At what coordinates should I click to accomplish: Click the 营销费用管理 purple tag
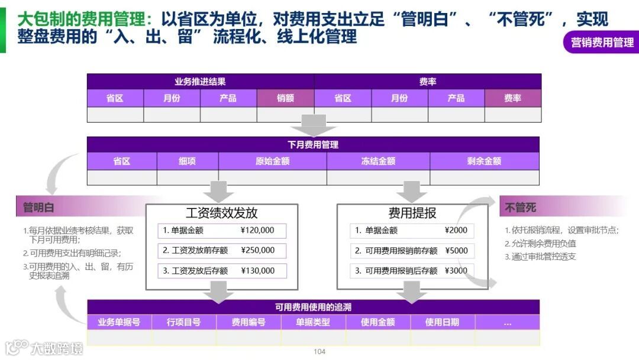(x=602, y=42)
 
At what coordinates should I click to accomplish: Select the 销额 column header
(x=285, y=98)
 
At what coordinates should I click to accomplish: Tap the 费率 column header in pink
(x=512, y=98)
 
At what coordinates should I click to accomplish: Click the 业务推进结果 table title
(x=200, y=82)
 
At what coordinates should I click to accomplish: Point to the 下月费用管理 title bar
(x=313, y=144)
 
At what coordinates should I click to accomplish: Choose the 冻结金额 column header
(x=378, y=161)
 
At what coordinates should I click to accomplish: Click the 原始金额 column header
(x=272, y=161)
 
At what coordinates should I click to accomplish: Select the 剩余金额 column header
(x=484, y=161)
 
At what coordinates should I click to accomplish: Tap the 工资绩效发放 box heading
(x=221, y=213)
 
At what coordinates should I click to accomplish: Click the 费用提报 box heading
(x=412, y=213)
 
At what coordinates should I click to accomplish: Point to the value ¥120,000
(x=257, y=230)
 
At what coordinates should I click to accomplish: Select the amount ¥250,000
(x=257, y=250)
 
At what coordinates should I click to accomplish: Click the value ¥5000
(x=456, y=250)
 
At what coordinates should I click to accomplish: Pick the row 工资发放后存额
(x=199, y=271)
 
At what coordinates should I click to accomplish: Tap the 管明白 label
(x=38, y=207)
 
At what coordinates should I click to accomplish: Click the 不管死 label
(x=521, y=207)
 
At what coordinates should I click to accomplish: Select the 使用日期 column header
(x=442, y=323)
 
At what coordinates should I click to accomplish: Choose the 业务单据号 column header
(x=119, y=323)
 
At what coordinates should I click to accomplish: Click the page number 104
(x=319, y=352)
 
